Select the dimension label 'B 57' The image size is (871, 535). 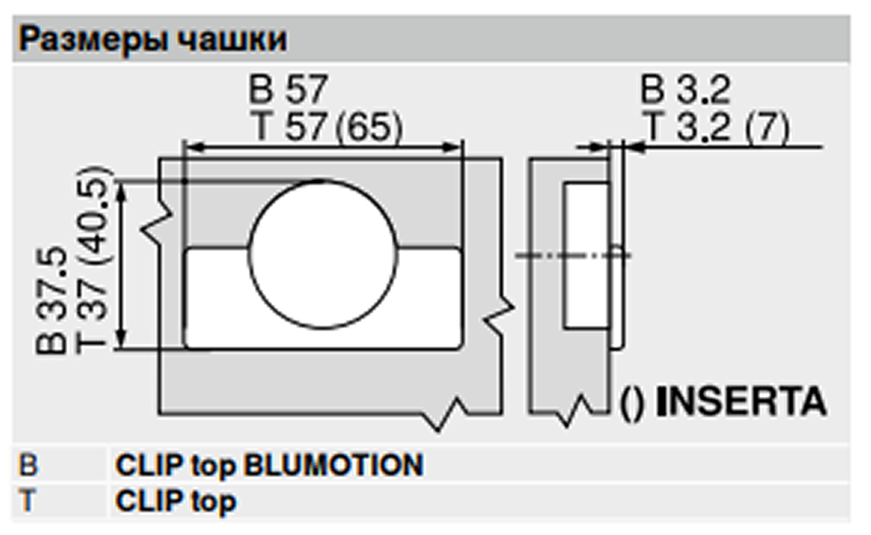(x=289, y=89)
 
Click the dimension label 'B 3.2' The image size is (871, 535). (x=685, y=90)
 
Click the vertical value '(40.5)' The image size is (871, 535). (x=93, y=217)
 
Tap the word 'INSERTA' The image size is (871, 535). (x=741, y=402)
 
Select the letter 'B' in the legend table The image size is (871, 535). (x=29, y=465)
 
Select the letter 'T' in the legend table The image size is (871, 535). (x=27, y=501)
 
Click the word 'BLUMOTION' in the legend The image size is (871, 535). (x=333, y=465)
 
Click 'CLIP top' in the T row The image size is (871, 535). (x=175, y=501)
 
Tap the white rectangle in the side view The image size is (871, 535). (x=586, y=255)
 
